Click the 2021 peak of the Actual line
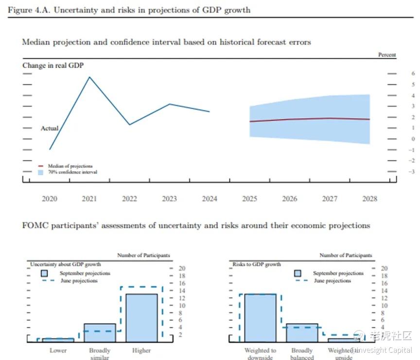click(89, 77)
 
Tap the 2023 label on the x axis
click(169, 199)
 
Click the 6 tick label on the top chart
click(413, 73)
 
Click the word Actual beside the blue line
click(49, 128)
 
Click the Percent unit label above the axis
click(387, 55)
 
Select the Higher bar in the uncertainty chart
click(141, 317)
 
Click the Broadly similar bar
click(100, 332)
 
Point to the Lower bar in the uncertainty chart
click(58, 340)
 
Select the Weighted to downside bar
click(260, 317)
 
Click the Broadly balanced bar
click(302, 332)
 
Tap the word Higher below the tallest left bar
click(141, 350)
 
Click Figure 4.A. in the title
click(28, 10)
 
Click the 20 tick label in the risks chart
click(383, 268)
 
